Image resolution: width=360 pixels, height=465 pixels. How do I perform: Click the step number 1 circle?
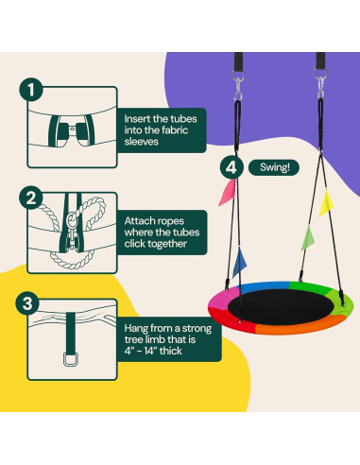click(31, 90)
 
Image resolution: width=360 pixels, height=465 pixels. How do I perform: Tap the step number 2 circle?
click(31, 198)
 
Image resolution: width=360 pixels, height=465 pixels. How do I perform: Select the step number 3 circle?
click(27, 303)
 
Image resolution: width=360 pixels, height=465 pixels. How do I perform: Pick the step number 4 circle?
click(231, 167)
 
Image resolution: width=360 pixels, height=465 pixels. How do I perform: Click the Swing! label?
click(274, 167)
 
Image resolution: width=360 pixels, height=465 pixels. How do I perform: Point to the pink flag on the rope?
click(228, 193)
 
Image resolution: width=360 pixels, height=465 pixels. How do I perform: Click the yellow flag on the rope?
click(326, 203)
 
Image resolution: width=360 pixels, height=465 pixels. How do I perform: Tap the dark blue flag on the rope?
click(239, 263)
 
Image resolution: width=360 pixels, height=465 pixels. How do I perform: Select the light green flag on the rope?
click(308, 238)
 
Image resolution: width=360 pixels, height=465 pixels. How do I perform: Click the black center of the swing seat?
click(281, 306)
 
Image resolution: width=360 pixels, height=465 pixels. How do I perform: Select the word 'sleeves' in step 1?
click(141, 142)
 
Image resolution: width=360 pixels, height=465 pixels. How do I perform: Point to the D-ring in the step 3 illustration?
click(71, 360)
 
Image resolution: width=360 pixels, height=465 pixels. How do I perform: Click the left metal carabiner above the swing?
click(238, 84)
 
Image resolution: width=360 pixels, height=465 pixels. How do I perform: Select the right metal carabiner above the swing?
click(320, 83)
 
